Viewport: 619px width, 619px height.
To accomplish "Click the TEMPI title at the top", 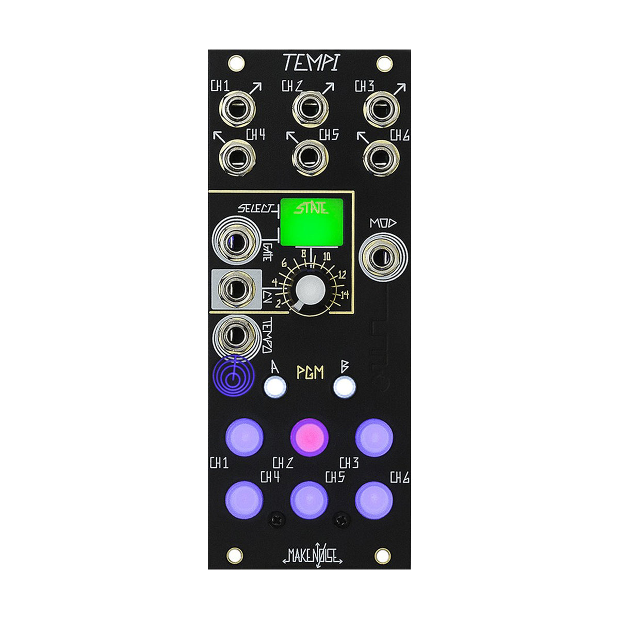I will [x=311, y=63].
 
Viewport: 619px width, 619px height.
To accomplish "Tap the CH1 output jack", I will [x=237, y=108].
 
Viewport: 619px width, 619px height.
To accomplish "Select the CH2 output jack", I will [x=310, y=108].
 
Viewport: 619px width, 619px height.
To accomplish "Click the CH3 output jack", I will [x=382, y=108].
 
